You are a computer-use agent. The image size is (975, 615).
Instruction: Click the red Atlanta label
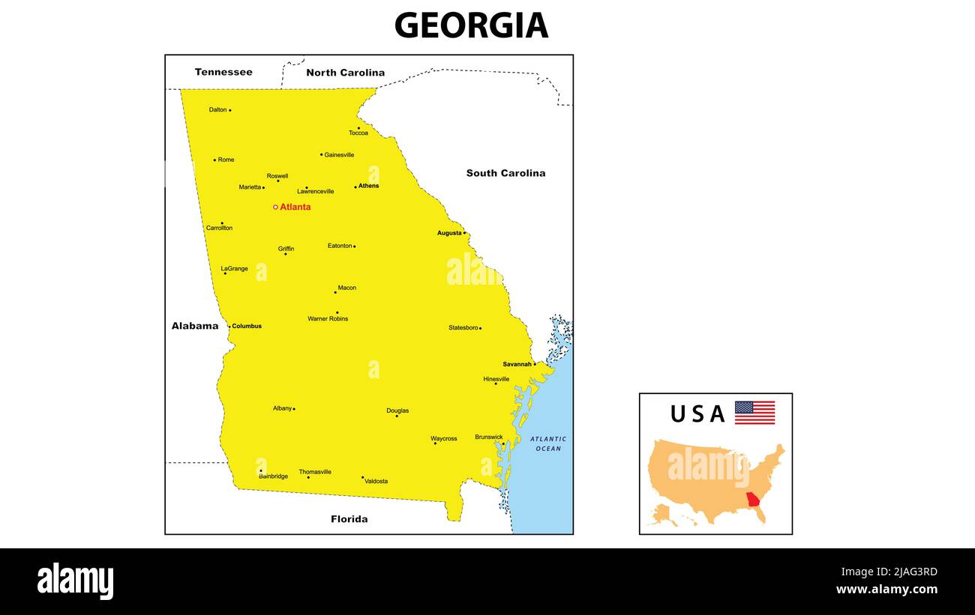295,207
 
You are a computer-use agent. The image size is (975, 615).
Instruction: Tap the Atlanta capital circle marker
275,207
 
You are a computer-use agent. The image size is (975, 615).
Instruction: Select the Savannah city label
517,364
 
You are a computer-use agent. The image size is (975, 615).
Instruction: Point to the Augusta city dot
464,233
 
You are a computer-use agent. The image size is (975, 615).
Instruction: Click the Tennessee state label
223,72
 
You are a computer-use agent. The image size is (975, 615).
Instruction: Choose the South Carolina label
505,173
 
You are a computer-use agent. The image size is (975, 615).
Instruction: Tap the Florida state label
349,518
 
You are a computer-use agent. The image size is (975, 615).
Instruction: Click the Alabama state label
195,326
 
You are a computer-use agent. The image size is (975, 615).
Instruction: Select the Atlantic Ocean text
548,443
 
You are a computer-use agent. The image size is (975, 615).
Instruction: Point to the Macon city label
346,288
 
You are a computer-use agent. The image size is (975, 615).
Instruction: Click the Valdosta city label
376,481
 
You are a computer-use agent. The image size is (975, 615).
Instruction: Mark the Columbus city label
247,326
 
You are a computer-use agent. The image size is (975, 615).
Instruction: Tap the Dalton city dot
229,110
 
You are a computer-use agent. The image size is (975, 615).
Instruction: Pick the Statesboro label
463,327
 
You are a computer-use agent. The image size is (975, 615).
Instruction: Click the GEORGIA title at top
471,25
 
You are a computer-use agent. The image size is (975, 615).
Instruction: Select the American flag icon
754,413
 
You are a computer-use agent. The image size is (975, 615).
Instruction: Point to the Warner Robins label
328,318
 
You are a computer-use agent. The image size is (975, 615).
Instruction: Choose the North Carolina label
345,73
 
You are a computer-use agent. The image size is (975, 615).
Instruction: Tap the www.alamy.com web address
886,590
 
